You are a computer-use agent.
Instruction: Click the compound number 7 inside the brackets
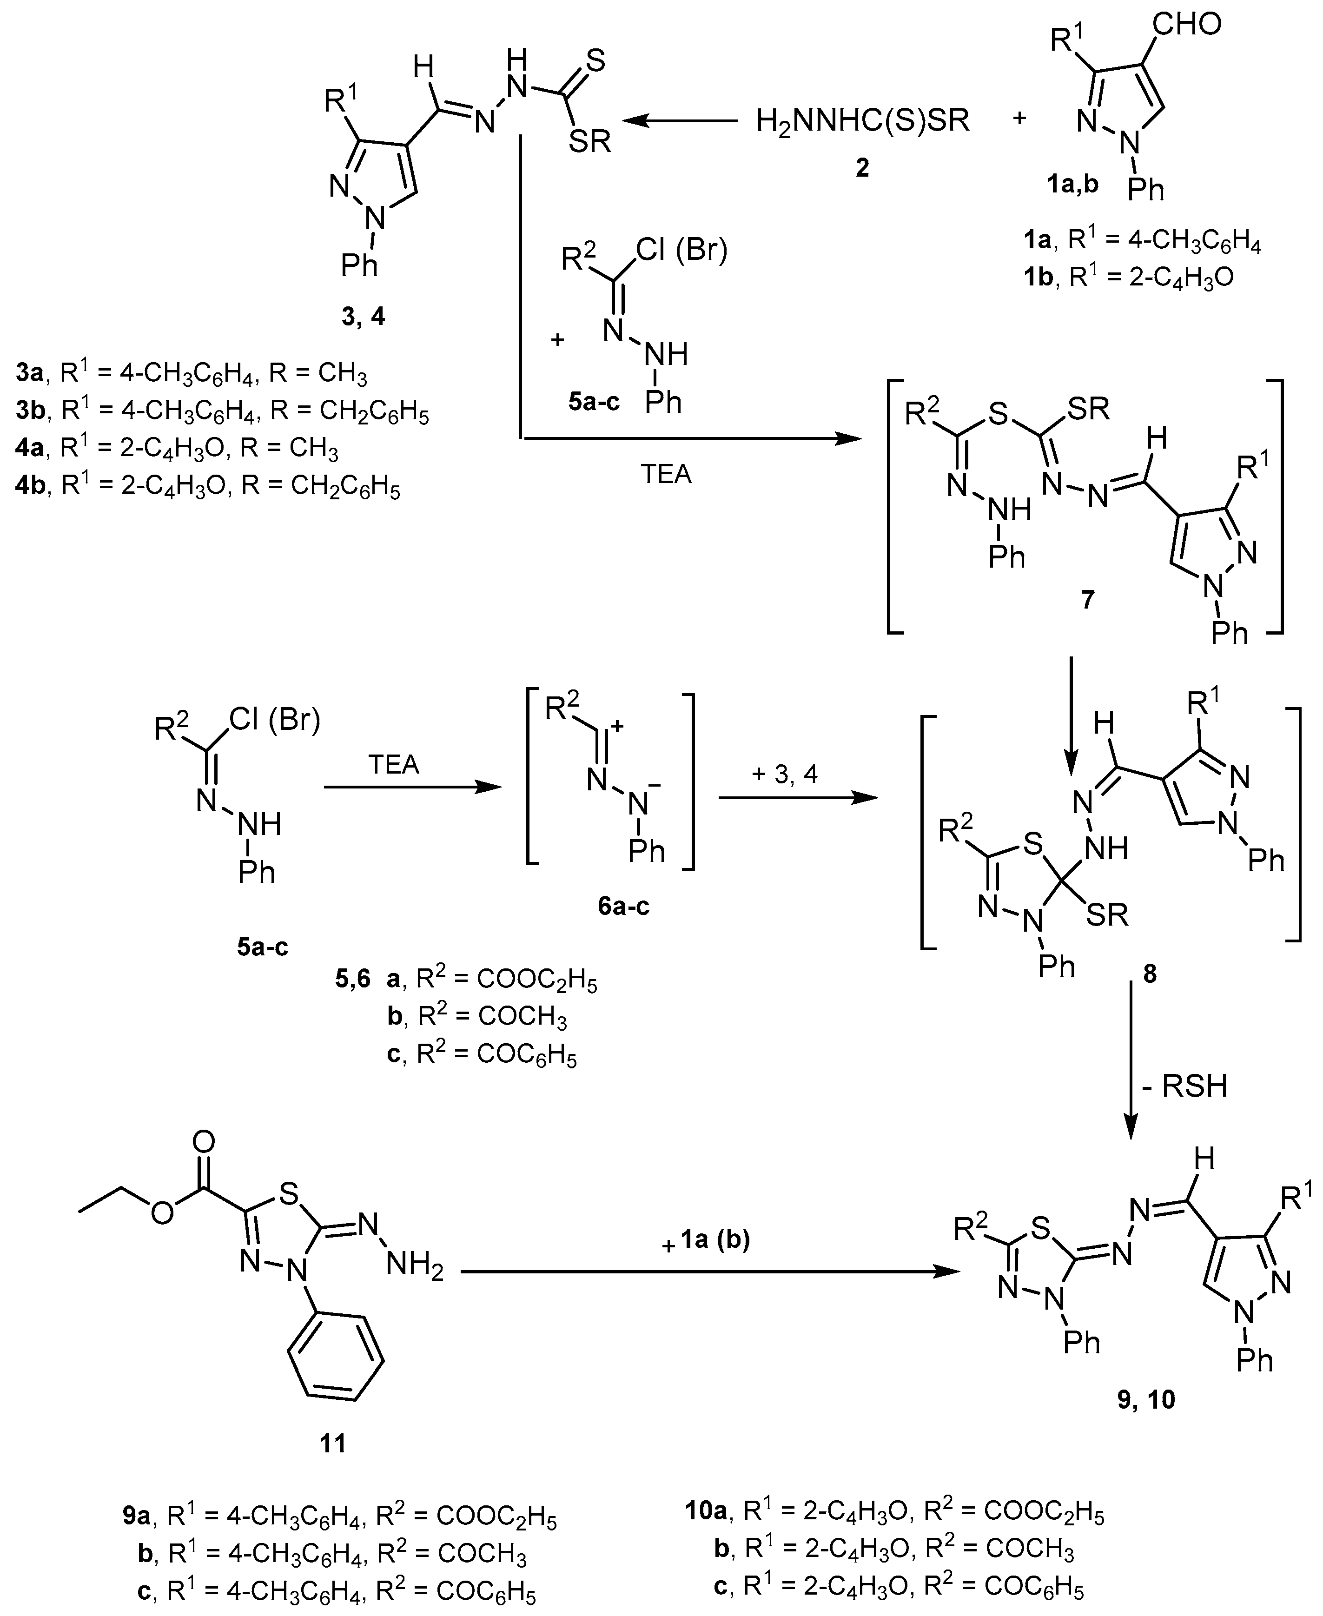point(1087,599)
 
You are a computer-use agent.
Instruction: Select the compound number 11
point(332,1443)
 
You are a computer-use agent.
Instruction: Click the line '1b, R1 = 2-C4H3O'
point(1128,277)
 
